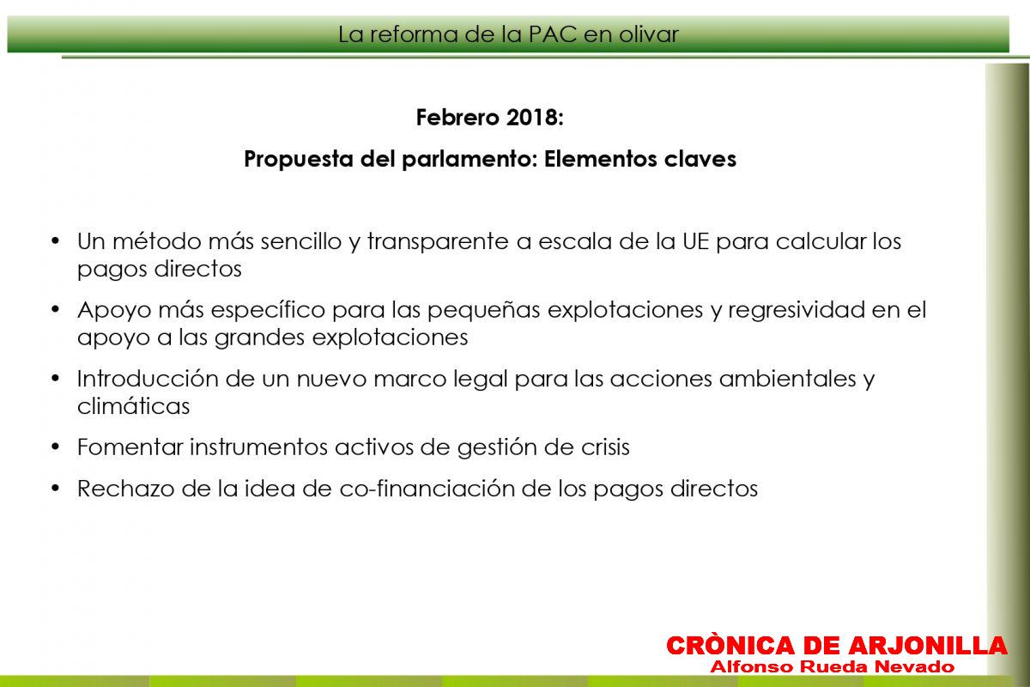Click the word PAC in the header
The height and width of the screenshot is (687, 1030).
click(552, 34)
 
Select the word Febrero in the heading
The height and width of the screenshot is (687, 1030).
click(457, 118)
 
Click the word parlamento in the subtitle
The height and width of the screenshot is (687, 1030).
click(469, 160)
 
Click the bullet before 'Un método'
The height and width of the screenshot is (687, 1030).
click(56, 240)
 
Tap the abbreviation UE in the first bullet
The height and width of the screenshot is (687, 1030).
click(695, 241)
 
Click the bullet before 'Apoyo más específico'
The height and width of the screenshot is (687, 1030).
click(56, 309)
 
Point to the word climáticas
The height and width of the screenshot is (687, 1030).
click(133, 406)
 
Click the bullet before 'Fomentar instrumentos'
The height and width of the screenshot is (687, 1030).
click(56, 447)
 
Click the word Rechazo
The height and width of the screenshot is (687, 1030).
click(125, 489)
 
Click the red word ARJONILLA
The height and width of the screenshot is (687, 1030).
click(928, 646)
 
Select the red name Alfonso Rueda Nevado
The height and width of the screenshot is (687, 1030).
click(833, 666)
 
